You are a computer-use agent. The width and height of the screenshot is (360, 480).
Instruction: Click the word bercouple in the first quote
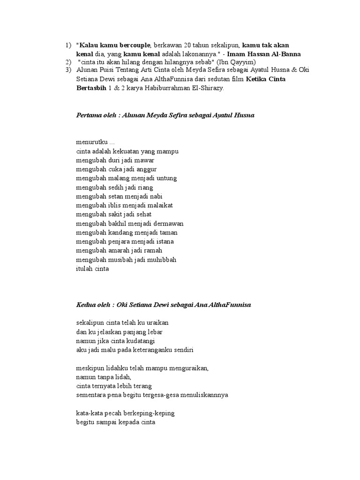pos(132,45)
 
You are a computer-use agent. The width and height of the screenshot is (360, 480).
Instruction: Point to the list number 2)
pos(68,62)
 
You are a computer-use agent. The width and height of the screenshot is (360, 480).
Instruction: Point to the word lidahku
pos(115,368)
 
